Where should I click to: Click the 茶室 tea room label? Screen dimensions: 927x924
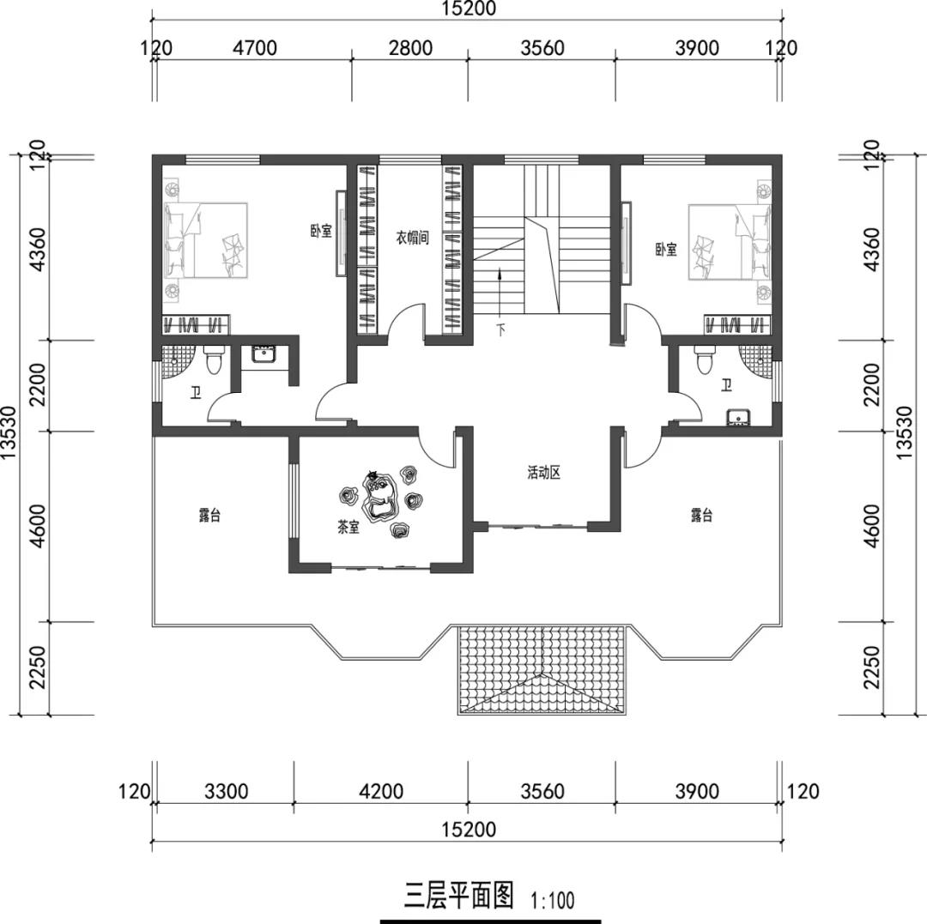[x=348, y=527]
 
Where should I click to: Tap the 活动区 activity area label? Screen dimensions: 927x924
[x=543, y=473]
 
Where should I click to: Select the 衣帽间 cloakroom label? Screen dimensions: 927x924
[x=412, y=239]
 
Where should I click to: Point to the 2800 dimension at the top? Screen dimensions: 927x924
[x=410, y=48]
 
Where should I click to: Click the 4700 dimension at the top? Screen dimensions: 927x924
[x=254, y=48]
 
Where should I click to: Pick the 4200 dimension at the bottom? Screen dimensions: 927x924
[x=381, y=791]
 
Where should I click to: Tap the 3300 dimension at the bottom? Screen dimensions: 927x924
[x=227, y=791]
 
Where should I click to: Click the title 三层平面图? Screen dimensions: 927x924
[x=459, y=895]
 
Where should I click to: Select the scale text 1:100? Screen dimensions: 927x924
[x=553, y=900]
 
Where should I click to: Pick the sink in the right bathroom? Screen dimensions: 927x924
[x=738, y=416]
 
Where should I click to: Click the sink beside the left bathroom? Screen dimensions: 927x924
[x=263, y=353]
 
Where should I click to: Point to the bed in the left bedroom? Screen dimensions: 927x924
[x=205, y=240]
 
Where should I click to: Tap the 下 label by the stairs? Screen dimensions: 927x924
[x=500, y=329]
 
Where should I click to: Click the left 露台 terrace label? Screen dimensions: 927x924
[x=210, y=515]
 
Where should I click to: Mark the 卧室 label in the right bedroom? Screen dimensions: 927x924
[x=666, y=250]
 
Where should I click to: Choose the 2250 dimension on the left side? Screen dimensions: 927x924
[x=37, y=667]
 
